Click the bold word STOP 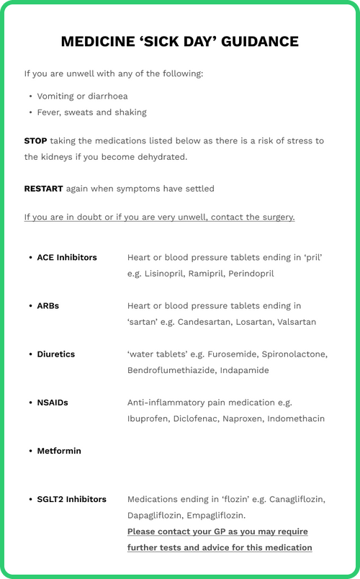(x=36, y=140)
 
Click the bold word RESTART (x=43, y=189)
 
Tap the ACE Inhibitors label (x=67, y=257)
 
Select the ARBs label (x=48, y=305)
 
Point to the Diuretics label (x=56, y=354)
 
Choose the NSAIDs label (x=53, y=403)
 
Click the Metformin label (x=59, y=451)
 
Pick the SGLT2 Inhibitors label (x=71, y=499)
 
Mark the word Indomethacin (x=295, y=418)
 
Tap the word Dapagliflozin (x=156, y=516)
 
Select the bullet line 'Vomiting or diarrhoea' (x=83, y=96)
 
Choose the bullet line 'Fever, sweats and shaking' (x=91, y=112)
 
